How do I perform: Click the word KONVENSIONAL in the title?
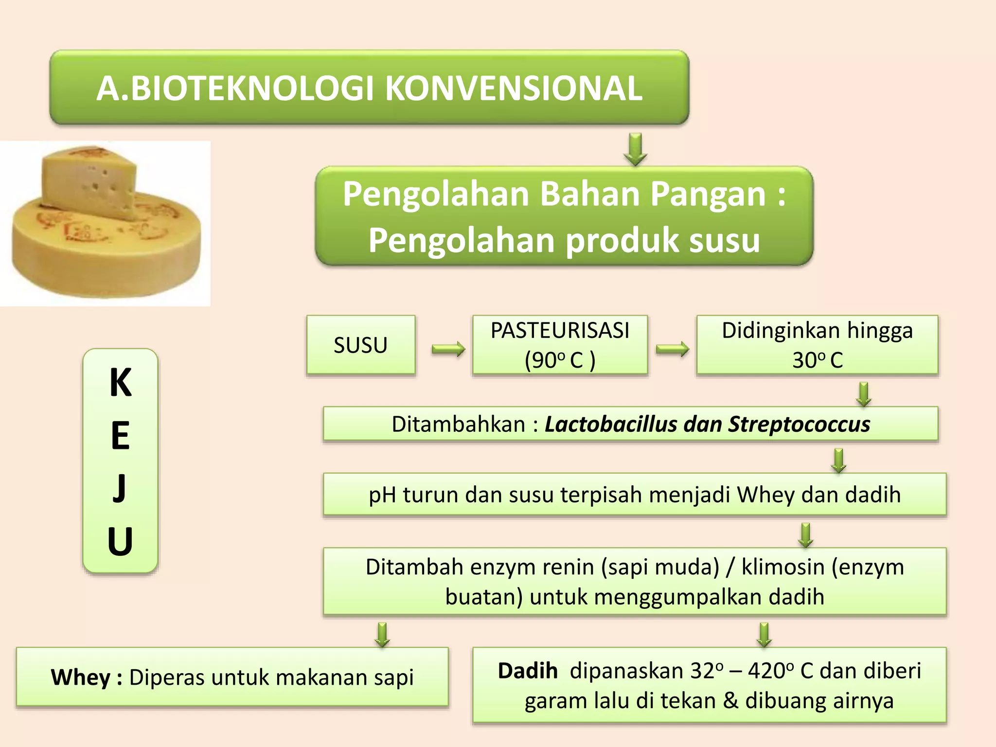point(514,89)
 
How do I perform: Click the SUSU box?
point(360,345)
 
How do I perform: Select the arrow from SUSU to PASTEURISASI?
point(448,349)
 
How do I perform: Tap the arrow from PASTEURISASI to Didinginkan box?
point(672,349)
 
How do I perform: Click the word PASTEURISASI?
point(559,331)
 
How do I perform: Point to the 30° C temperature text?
point(817,360)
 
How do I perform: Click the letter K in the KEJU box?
point(120,383)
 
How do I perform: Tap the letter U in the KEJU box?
point(120,541)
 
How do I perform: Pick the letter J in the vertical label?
point(120,488)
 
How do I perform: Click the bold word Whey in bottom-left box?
point(81,677)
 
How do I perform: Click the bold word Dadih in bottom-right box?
point(528,671)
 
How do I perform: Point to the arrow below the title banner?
point(635,149)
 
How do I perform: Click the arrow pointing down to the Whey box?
point(383,634)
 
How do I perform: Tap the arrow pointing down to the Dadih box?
point(764,634)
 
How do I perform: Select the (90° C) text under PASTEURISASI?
point(559,360)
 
